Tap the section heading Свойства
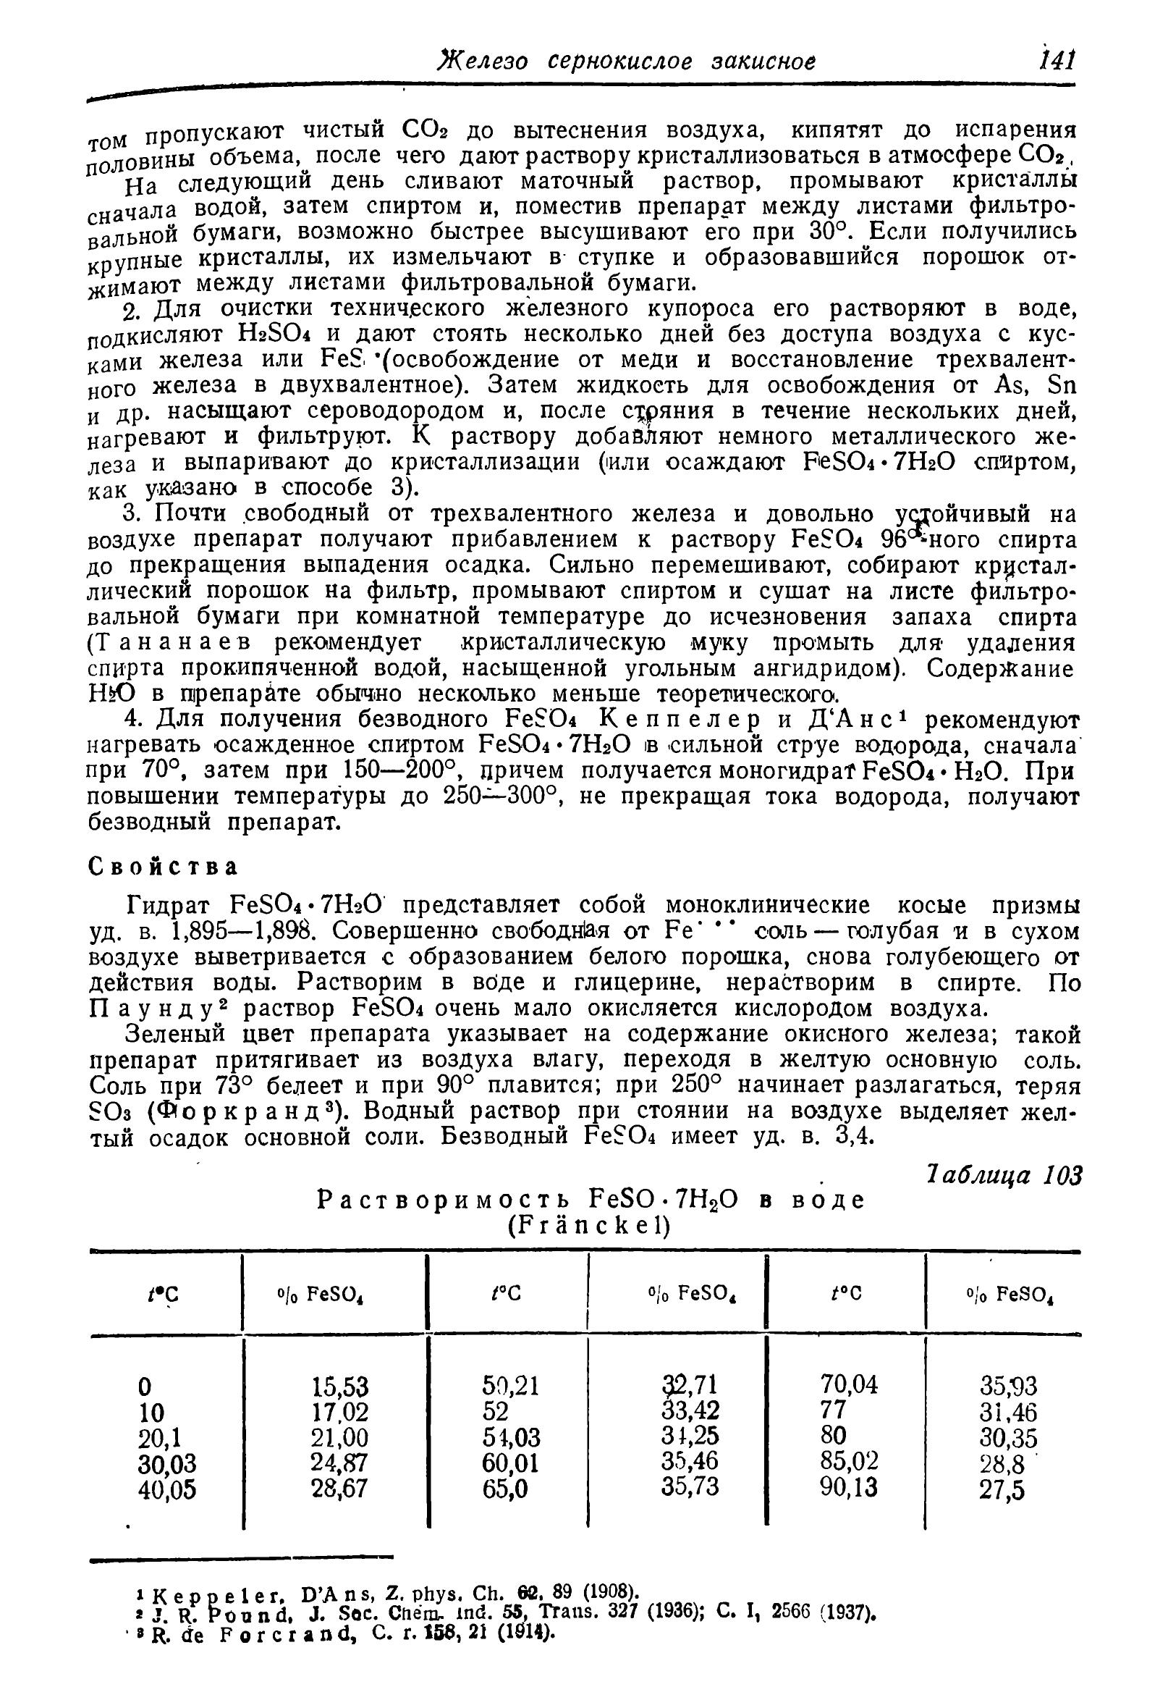(x=163, y=867)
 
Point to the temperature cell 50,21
(x=510, y=1385)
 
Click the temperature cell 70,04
(x=849, y=1384)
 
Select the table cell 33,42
(x=690, y=1409)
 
